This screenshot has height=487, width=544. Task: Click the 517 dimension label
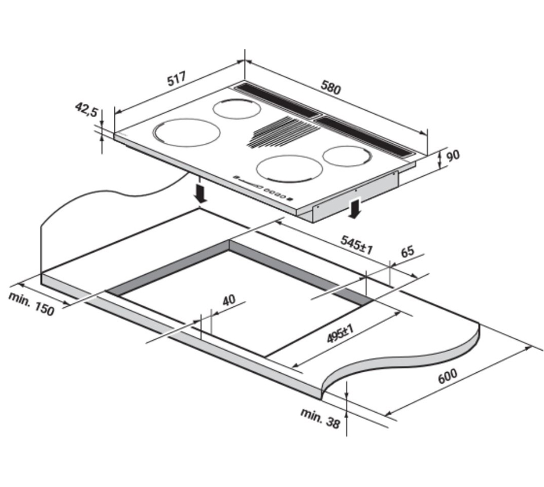point(177,79)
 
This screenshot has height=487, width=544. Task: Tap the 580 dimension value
point(330,87)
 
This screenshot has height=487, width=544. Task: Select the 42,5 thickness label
point(87,109)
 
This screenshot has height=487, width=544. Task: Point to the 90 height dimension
point(453,155)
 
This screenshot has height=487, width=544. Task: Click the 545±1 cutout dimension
point(356,245)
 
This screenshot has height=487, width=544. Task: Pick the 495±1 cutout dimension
point(340,333)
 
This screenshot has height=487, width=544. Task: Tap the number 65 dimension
point(408,252)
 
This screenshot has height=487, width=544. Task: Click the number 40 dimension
point(229,300)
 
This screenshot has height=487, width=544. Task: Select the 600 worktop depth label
point(448,376)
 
